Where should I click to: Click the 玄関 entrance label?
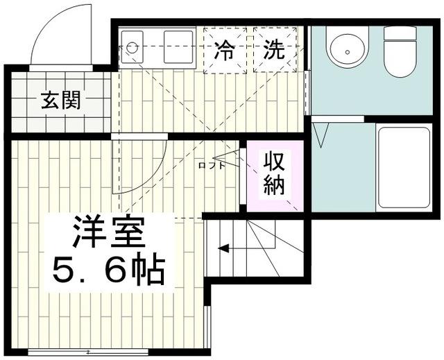click(60, 100)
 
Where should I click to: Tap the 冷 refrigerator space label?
click(225, 51)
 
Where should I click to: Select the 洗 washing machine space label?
click(274, 50)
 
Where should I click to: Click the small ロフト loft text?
click(212, 165)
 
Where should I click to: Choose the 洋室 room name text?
click(108, 232)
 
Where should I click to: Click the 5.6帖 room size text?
click(108, 268)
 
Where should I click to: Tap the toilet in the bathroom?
click(400, 51)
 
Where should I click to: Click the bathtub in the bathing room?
click(404, 168)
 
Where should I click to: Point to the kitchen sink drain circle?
click(132, 47)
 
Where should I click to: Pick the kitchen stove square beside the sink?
click(179, 46)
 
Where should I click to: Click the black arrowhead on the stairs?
click(223, 248)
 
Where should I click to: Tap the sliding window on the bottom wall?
click(88, 352)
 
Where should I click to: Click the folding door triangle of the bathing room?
click(321, 135)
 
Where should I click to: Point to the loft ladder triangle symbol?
click(226, 158)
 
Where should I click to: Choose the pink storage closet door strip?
click(243, 175)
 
